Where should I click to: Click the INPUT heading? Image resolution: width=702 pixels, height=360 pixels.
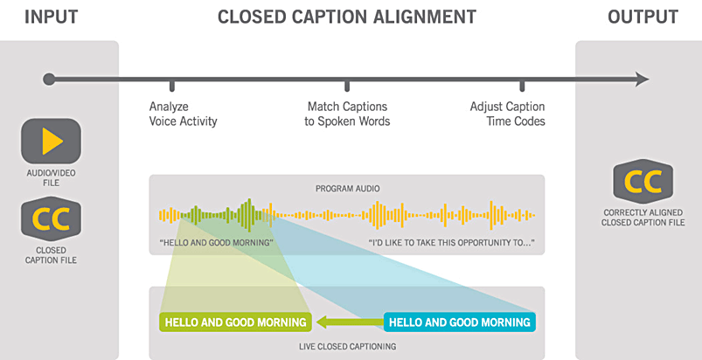51,17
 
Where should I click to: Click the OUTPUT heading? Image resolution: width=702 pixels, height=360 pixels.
643,17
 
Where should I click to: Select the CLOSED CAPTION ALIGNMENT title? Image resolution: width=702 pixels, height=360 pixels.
346,17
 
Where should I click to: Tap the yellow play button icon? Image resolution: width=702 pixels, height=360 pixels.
51,141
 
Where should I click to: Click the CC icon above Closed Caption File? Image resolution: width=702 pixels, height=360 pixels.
51,218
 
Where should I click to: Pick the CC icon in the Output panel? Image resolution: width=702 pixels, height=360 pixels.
643,182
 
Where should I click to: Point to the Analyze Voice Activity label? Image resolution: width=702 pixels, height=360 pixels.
183,114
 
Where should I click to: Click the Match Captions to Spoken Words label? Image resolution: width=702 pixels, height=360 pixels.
347,114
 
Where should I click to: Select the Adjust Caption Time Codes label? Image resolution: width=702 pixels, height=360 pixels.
507,114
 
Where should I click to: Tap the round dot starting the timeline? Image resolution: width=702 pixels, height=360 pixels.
49,80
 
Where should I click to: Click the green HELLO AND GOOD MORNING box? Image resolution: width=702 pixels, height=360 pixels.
235,322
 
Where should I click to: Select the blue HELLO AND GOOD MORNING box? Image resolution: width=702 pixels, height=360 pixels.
459,322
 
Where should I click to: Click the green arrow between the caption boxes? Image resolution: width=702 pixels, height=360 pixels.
348,322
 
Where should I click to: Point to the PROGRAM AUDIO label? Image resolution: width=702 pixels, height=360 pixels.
347,189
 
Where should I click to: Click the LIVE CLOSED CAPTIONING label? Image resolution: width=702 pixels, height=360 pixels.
347,346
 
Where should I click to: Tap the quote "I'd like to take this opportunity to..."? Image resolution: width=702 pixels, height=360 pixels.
452,243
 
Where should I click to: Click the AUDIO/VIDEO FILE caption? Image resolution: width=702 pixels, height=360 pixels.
51,177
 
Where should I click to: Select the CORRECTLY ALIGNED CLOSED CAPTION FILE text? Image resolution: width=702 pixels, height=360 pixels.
643,218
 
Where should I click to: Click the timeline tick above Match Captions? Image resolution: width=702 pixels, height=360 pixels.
347,85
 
